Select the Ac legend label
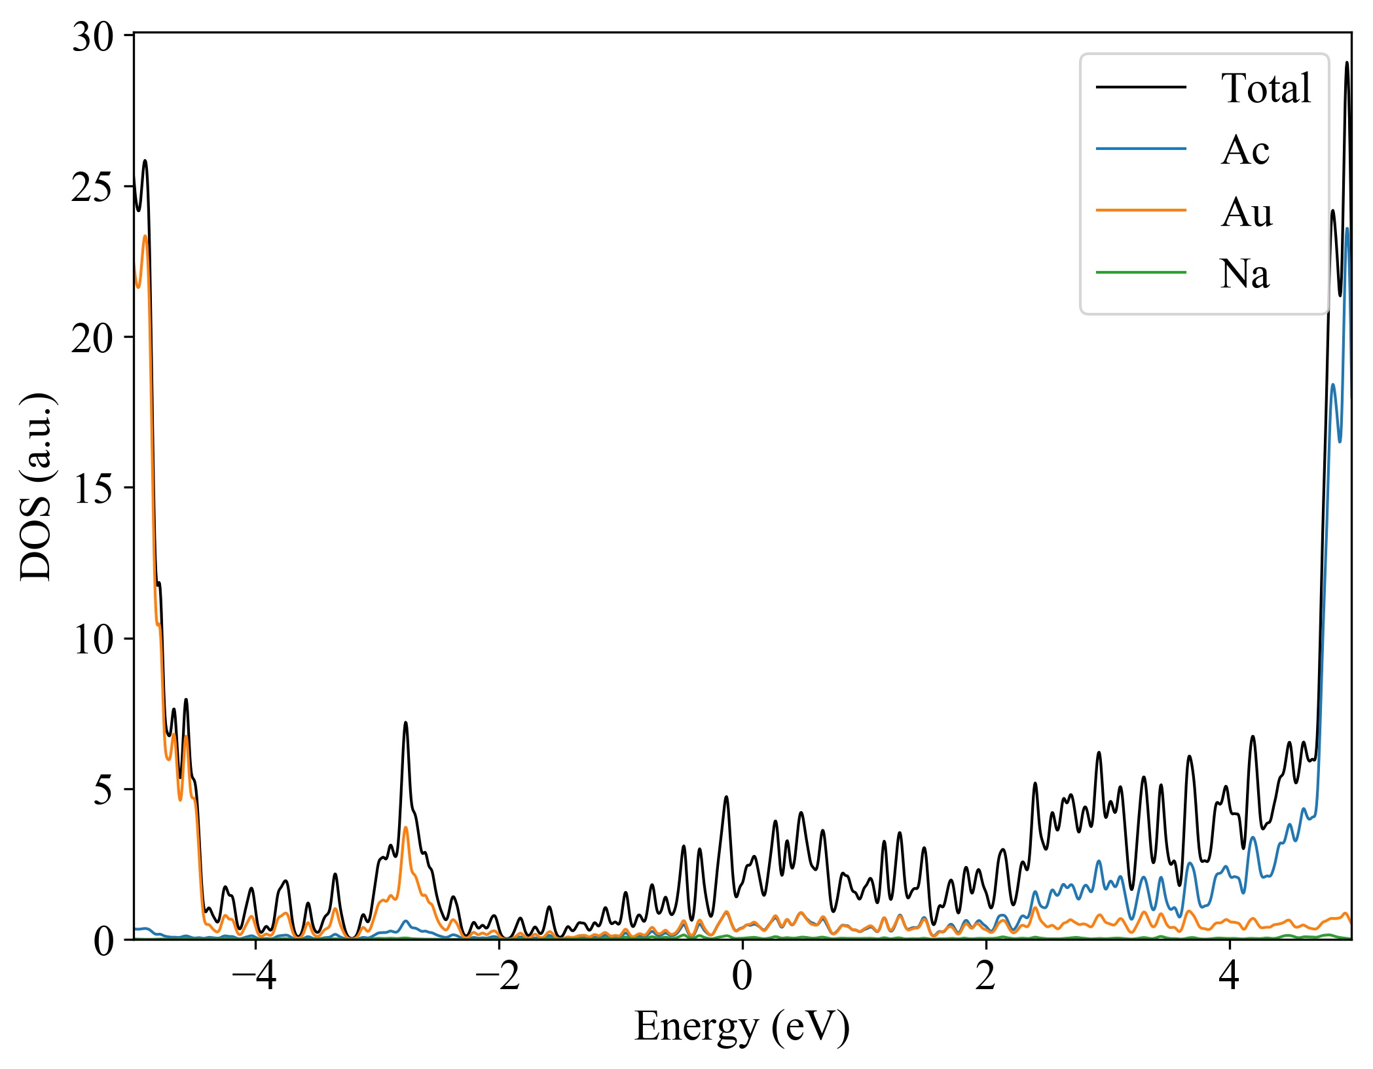pos(1245,151)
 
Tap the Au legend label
pos(1246,212)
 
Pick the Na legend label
pos(1244,274)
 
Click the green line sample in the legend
pos(1141,272)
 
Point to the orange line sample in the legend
pos(1141,210)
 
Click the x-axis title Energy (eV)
pos(742,1026)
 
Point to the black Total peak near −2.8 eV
pos(406,723)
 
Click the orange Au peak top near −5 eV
pos(145,236)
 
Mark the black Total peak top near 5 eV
pos(1347,63)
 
